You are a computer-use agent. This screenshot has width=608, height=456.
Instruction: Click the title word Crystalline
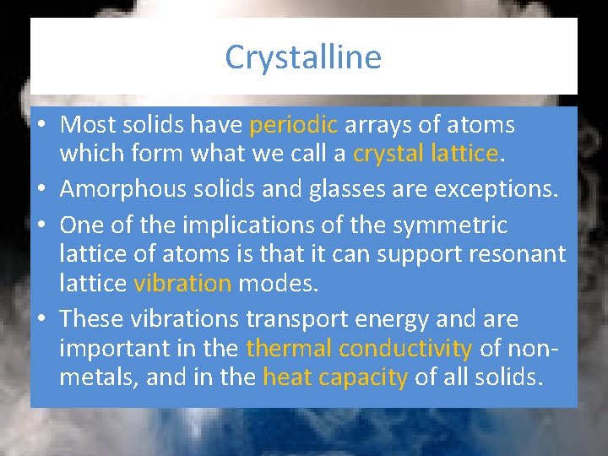pyautogui.click(x=303, y=57)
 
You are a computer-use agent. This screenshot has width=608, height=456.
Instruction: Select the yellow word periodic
pyautogui.click(x=294, y=125)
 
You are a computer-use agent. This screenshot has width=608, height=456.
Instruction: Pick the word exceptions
pyautogui.click(x=497, y=188)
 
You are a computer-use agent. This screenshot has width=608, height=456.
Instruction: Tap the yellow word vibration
pyautogui.click(x=182, y=283)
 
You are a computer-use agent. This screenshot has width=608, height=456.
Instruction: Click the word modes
pyautogui.click(x=279, y=283)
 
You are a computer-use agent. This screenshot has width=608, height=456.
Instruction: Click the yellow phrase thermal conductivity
pyautogui.click(x=359, y=348)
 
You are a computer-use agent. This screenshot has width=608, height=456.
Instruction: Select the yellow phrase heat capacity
pyautogui.click(x=335, y=377)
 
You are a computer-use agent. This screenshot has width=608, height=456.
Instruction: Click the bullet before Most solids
pyautogui.click(x=41, y=126)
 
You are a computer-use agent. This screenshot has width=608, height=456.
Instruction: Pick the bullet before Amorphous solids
pyautogui.click(x=41, y=189)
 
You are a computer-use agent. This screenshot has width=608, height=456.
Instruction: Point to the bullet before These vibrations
pyautogui.click(x=41, y=320)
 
